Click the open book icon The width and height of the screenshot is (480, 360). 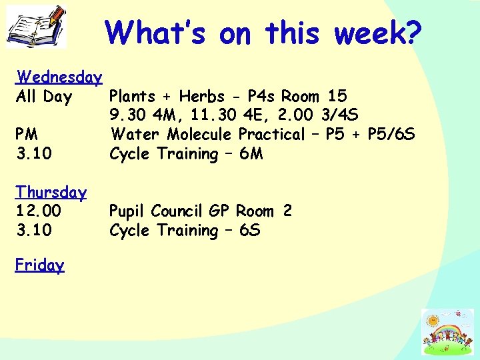(x=37, y=26)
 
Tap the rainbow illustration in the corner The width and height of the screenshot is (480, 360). (x=446, y=331)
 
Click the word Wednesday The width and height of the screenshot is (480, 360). (x=59, y=77)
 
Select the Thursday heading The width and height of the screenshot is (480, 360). (x=51, y=193)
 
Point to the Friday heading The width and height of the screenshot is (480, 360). (x=40, y=265)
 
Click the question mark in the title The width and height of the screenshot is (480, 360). (x=412, y=32)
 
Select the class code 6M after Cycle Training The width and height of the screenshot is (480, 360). (x=251, y=154)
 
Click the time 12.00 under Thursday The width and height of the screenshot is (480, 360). (x=39, y=211)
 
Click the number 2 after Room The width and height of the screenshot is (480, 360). (x=287, y=211)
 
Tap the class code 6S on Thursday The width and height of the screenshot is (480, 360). (x=249, y=231)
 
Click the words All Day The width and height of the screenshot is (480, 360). (x=43, y=97)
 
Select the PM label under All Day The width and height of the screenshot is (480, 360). (x=27, y=135)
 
